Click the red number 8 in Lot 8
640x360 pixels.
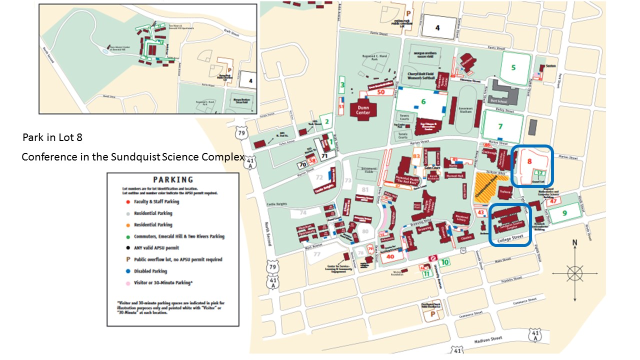coord(529,161)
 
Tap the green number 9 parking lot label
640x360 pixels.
coord(565,213)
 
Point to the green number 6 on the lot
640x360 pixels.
coord(423,101)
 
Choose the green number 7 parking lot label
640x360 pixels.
coord(500,127)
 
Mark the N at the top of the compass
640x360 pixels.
coord(574,243)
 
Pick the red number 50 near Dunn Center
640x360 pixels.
coord(381,92)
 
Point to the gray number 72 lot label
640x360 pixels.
coord(319,177)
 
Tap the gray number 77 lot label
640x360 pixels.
coord(317,254)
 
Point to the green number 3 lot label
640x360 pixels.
coord(342,85)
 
